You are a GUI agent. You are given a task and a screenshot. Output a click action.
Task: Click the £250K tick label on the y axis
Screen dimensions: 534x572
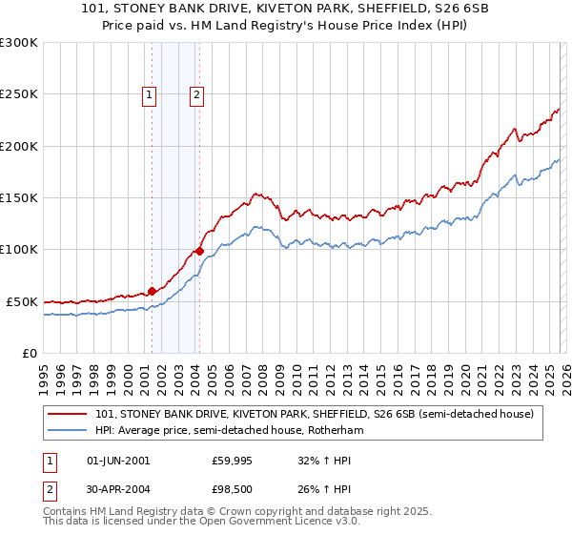click(18, 94)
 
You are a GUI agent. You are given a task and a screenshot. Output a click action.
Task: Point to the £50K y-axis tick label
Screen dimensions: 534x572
click(22, 301)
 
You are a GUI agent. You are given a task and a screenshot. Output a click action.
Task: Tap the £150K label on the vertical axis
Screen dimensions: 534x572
click(18, 198)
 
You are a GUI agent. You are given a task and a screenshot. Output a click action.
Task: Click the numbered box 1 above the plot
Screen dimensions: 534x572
click(151, 94)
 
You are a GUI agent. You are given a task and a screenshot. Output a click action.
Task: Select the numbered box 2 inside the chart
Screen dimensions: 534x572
click(196, 94)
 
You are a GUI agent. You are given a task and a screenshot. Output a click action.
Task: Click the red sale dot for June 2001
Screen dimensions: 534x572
click(152, 291)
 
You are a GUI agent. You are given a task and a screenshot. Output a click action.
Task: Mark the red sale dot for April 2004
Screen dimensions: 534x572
click(200, 252)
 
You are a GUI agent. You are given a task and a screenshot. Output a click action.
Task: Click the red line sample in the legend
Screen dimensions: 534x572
click(68, 414)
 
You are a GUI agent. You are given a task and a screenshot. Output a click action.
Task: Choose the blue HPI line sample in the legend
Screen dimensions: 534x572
click(68, 430)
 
